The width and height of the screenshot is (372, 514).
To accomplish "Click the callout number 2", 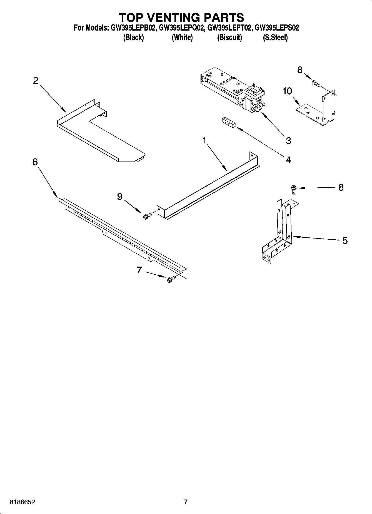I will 36,81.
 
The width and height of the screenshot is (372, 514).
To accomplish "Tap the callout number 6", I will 35,162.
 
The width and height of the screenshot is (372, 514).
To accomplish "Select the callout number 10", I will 287,91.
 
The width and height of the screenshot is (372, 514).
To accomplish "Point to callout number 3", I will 288,141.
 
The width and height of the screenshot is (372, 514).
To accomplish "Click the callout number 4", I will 288,160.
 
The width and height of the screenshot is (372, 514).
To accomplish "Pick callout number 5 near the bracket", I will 345,240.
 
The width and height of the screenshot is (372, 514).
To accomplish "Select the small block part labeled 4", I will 228,123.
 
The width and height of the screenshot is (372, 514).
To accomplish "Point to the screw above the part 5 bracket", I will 293,190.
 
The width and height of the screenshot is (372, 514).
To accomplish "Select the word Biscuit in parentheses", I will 229,38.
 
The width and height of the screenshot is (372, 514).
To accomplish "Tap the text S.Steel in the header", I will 275,38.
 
